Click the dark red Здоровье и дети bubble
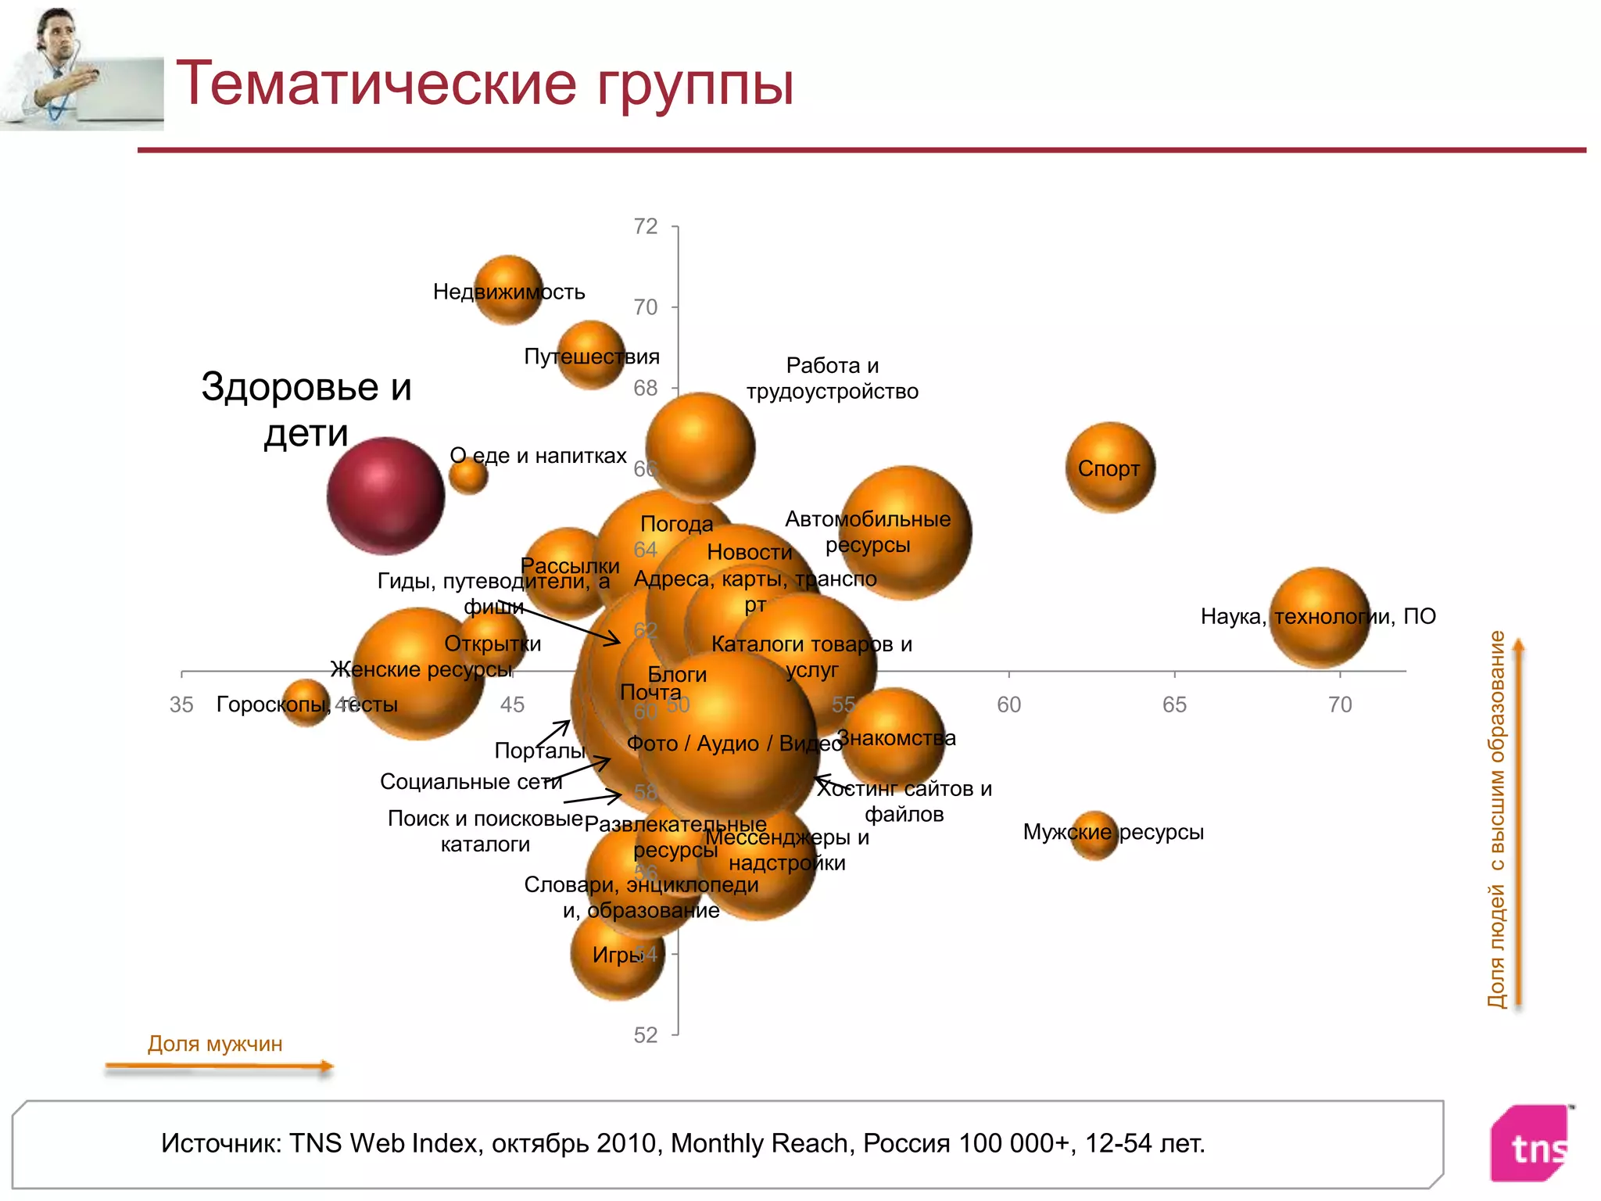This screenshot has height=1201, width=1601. (x=385, y=496)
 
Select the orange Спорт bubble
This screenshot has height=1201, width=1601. (x=1110, y=468)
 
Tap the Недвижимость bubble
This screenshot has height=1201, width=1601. (x=508, y=289)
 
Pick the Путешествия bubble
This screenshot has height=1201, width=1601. (x=591, y=355)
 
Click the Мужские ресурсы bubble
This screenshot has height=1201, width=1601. (x=1094, y=834)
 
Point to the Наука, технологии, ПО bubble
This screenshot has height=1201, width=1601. (x=1320, y=617)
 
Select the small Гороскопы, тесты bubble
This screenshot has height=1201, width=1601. (x=306, y=703)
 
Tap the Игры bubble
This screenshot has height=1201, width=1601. (x=618, y=955)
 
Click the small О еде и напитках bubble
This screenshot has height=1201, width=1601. (x=468, y=475)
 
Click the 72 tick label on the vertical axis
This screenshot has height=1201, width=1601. (x=646, y=227)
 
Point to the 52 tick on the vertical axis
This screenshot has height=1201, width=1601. (x=646, y=1035)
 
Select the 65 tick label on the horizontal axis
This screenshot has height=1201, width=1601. (x=1174, y=705)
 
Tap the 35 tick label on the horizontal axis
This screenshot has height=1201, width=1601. (x=181, y=705)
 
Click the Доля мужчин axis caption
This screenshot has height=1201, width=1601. (x=215, y=1044)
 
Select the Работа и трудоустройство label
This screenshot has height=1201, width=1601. (x=832, y=378)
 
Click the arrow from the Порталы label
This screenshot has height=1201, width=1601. (x=553, y=733)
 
